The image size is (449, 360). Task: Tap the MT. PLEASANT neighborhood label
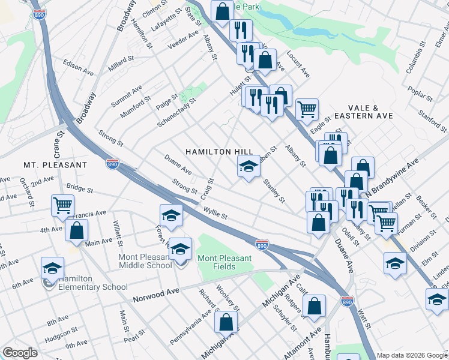click(x=55, y=164)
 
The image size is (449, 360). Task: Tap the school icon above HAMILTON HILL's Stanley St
click(x=248, y=166)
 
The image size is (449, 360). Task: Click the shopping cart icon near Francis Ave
click(x=62, y=205)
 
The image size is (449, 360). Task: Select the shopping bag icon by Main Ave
click(x=77, y=230)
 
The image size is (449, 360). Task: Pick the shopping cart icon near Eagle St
click(x=307, y=109)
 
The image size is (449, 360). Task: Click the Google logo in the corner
click(x=20, y=353)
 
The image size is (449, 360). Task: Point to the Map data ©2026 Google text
click(x=411, y=355)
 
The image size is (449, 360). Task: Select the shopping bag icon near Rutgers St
click(x=314, y=305)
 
